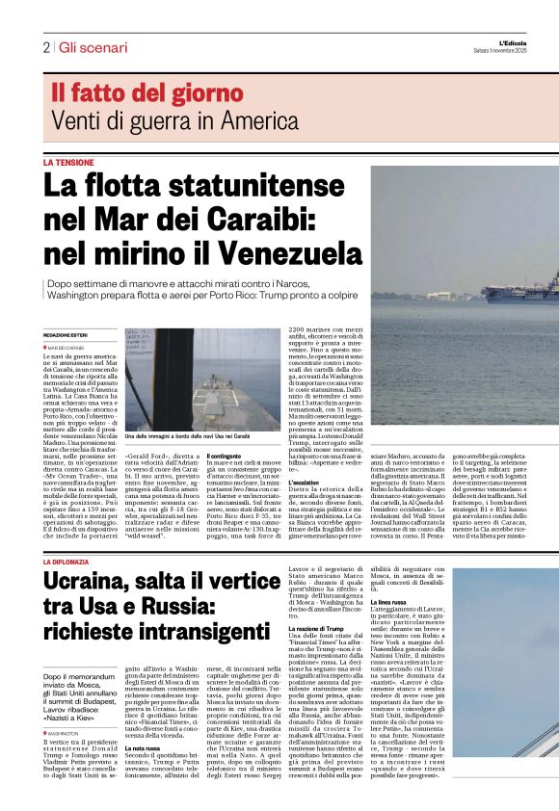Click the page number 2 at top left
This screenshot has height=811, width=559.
coord(45,47)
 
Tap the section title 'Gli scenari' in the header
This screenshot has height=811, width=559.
coord(93,47)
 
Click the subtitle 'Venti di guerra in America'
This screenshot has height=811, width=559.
coord(161,121)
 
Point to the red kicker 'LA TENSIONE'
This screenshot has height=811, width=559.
coord(68,163)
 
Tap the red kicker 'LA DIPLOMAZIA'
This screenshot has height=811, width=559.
coord(73,561)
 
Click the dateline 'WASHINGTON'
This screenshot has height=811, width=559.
coord(66,733)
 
